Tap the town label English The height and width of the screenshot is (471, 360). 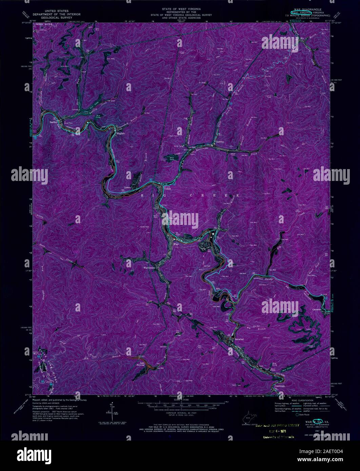pos(121,133)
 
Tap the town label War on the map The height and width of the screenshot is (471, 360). pos(175,244)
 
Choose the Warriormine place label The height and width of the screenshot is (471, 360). pos(149,268)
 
